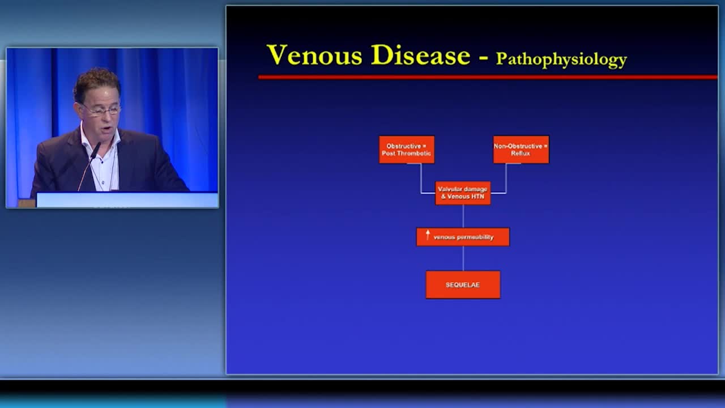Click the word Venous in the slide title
click(x=314, y=55)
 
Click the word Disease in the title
click(x=420, y=55)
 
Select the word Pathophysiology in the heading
click(x=561, y=60)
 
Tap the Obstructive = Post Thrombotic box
click(x=407, y=150)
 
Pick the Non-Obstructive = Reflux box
click(x=521, y=150)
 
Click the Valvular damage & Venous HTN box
click(x=463, y=193)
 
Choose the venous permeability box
click(x=463, y=237)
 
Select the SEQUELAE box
click(x=463, y=284)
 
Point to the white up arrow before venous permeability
click(x=428, y=235)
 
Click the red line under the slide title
click(x=488, y=77)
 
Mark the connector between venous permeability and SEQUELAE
click(x=463, y=258)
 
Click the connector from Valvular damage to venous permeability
click(x=463, y=216)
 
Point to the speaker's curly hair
click(x=96, y=83)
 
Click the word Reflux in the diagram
click(x=521, y=154)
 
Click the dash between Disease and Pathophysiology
click(x=483, y=58)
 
